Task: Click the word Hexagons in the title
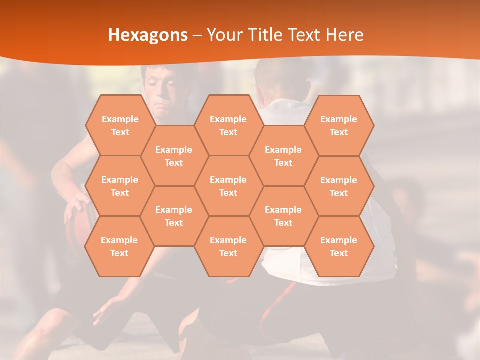coord(148,35)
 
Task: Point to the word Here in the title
coord(344,35)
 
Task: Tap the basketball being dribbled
coord(75,227)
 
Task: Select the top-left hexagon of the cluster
coord(120,125)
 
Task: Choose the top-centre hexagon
coord(228,125)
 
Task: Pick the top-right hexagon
coord(339,125)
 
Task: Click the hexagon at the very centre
coord(228,186)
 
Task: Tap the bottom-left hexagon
coord(119,246)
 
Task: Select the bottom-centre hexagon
coord(228,246)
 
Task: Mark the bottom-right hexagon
coord(339,246)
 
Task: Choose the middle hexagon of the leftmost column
coord(120,186)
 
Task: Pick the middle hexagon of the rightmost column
coord(339,186)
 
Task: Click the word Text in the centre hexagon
coord(228,193)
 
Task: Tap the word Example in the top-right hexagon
coord(339,119)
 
